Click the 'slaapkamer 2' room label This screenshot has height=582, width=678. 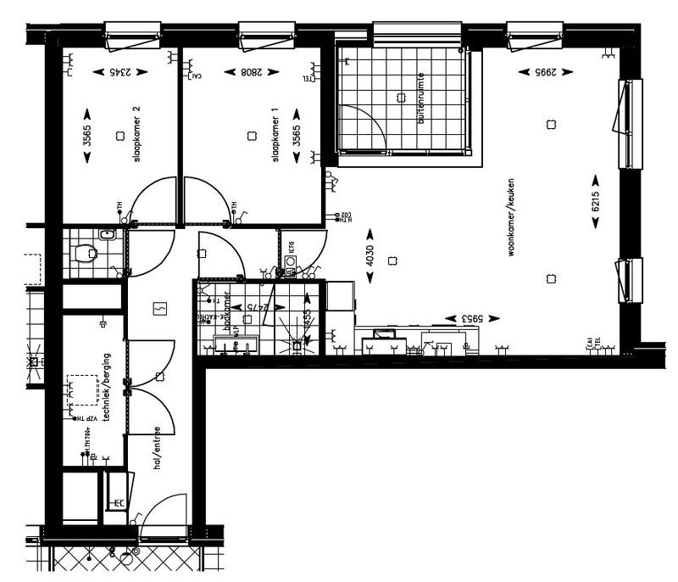coord(136,139)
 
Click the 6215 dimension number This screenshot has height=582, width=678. coord(596,201)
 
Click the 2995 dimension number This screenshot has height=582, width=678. coord(532,73)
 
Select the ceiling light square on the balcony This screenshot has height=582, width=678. coord(397,98)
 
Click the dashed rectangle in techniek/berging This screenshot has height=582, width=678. coord(83,389)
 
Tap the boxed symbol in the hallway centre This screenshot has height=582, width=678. coord(158,309)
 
